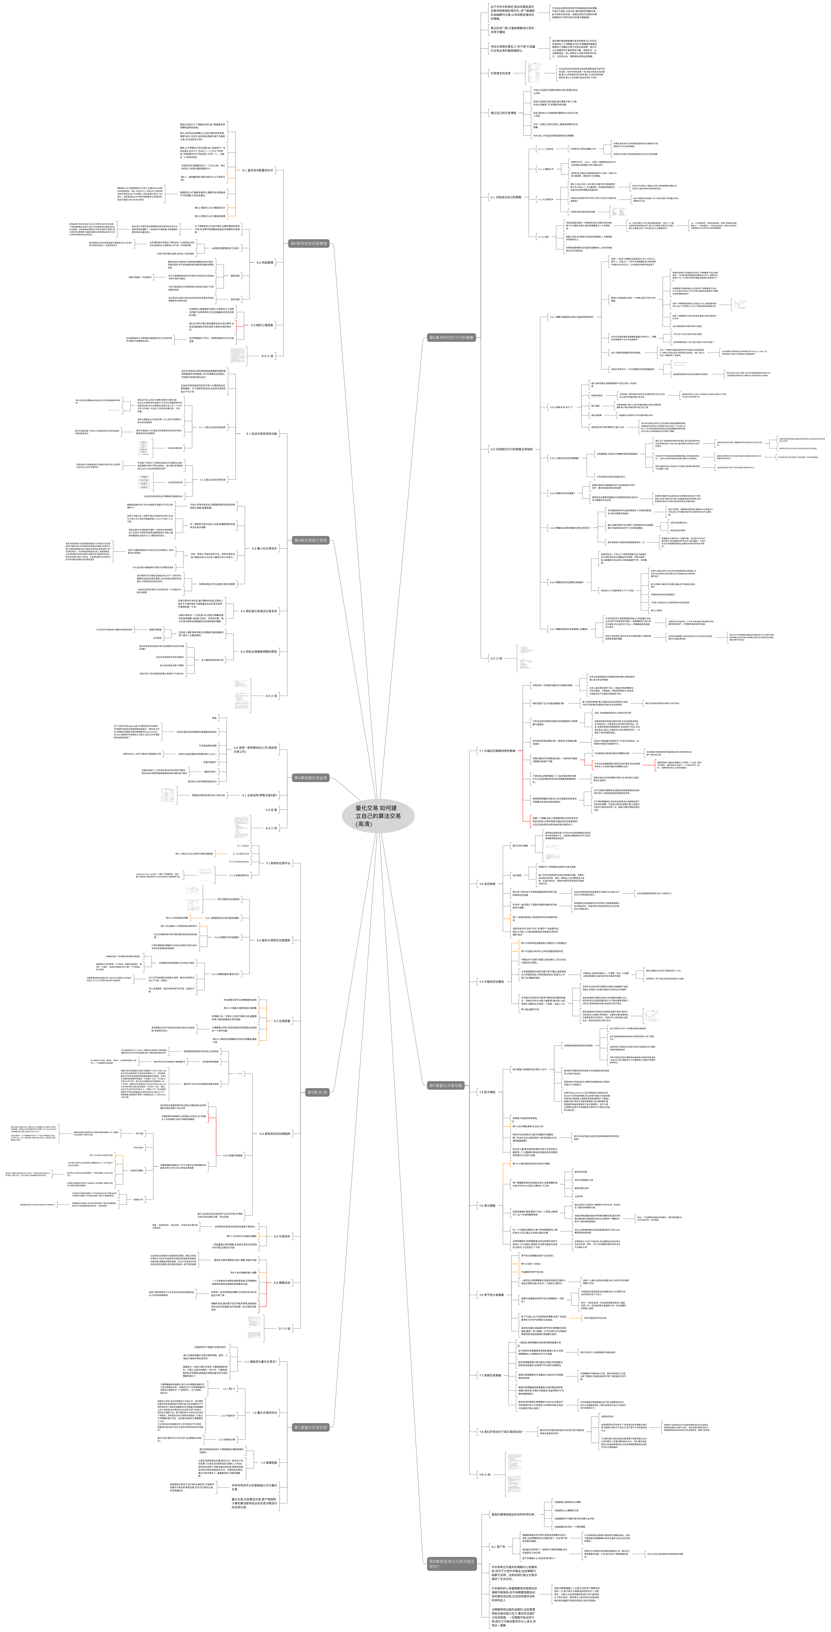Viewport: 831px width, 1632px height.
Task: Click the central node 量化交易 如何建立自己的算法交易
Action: [x=378, y=816]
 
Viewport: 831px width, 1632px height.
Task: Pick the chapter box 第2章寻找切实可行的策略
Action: [x=451, y=338]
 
